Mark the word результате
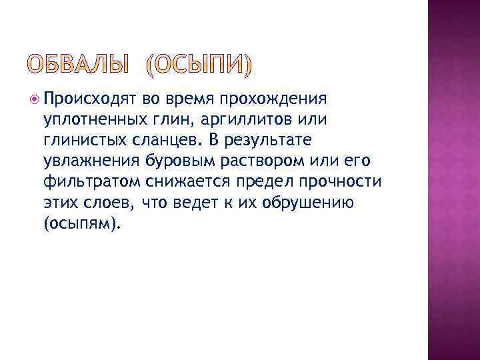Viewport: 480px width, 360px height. click(x=264, y=141)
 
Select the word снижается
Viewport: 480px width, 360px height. click(x=187, y=183)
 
